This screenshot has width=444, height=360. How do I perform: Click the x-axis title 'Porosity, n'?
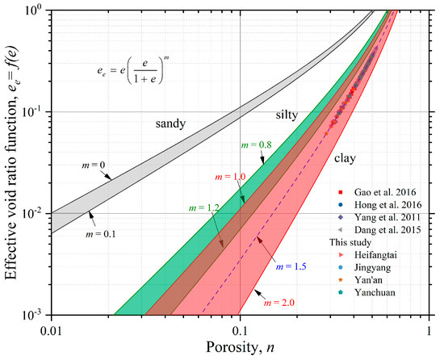[240, 348]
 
